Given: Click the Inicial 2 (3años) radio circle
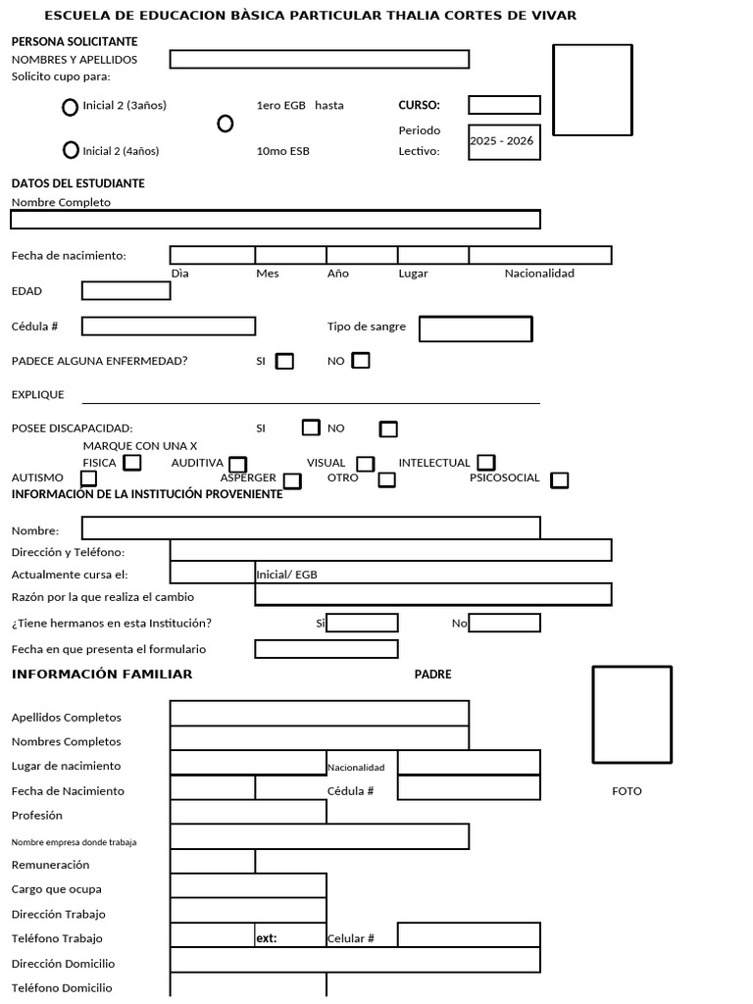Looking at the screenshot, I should [x=70, y=108].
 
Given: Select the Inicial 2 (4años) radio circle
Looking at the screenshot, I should [x=70, y=150].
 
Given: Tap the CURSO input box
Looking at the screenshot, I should [x=504, y=105].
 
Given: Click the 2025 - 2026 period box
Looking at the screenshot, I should [x=504, y=141].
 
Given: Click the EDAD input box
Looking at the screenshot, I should [x=125, y=290].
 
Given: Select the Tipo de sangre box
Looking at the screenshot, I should [x=476, y=328].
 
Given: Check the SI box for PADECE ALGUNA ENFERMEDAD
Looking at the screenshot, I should [x=284, y=361].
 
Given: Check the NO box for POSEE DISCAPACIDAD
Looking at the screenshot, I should [x=388, y=428].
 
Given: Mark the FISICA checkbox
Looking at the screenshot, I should [x=132, y=462].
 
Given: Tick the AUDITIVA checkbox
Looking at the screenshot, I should [x=237, y=464].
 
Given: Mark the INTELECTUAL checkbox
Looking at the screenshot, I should [x=485, y=462].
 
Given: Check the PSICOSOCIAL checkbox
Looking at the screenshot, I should [x=559, y=479].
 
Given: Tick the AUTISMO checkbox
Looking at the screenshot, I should [x=88, y=478].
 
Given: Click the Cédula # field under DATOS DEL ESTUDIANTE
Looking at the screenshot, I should [x=169, y=326].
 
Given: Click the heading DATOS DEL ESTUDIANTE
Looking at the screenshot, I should [x=78, y=183].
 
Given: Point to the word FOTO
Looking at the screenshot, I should [x=627, y=791].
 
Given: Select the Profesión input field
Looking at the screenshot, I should [x=248, y=812].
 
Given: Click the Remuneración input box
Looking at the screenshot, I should [x=213, y=862].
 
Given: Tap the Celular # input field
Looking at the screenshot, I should [x=469, y=935].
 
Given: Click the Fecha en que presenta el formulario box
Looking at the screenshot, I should [x=326, y=649].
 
